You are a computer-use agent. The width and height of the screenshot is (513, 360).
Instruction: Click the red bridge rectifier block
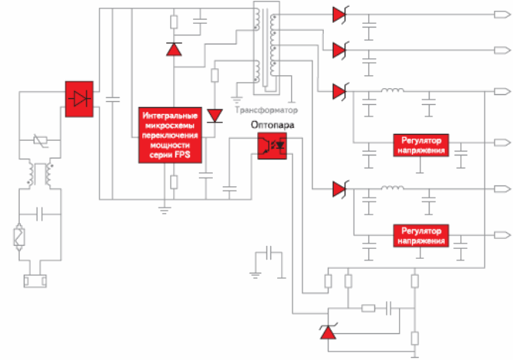[79, 99]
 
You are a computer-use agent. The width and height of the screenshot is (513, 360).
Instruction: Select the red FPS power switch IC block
[170, 135]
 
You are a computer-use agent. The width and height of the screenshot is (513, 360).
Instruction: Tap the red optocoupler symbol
[273, 146]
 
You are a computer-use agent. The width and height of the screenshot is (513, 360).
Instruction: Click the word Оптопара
[273, 125]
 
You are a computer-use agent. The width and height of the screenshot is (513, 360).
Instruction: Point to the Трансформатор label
[266, 110]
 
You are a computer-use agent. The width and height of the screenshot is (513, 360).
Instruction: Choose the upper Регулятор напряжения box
[421, 146]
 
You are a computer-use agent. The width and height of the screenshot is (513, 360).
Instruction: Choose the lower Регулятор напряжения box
[421, 236]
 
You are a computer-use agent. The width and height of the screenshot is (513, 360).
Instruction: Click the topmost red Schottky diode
[340, 15]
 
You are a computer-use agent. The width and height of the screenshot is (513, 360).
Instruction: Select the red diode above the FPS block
[174, 49]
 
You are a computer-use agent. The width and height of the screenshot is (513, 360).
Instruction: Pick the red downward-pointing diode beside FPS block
[215, 116]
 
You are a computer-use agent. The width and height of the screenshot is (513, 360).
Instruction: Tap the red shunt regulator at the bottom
[328, 331]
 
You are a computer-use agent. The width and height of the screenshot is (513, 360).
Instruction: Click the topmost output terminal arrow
[502, 15]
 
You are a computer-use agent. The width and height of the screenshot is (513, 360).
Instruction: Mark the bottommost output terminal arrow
[502, 235]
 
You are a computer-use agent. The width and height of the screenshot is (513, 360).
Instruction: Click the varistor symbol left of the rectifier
[41, 141]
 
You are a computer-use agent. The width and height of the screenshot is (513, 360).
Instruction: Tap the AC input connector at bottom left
[35, 281]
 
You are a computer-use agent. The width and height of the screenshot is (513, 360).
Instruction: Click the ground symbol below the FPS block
[165, 210]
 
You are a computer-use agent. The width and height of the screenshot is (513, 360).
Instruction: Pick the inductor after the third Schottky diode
[392, 90]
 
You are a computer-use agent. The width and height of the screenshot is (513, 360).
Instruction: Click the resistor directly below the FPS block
[174, 182]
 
